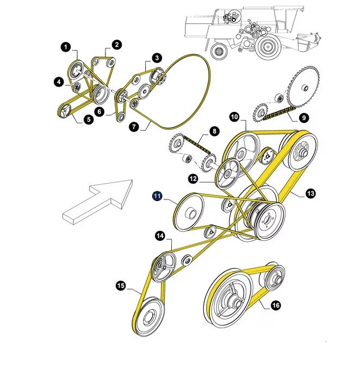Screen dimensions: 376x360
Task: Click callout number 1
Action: coord(66,48)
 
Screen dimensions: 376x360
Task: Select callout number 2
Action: coord(117,45)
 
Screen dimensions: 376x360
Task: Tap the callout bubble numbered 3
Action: coord(157,58)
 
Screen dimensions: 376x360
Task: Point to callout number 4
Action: coord(59,82)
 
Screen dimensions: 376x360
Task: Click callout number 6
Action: coord(99,111)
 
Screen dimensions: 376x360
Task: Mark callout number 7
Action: coord(133,127)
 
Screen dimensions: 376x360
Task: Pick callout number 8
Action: coord(214,131)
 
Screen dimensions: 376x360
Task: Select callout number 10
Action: coord(234,117)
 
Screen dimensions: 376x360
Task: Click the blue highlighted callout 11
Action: coord(157,196)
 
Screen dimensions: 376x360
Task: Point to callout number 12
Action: coord(193,178)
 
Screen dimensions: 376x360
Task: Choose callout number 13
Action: coord(311,193)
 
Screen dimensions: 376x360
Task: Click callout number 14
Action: coord(160,236)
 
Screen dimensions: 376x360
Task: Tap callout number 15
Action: coord(121,285)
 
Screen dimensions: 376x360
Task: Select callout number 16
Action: coord(276,305)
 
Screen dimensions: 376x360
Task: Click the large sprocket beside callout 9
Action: coord(304,87)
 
